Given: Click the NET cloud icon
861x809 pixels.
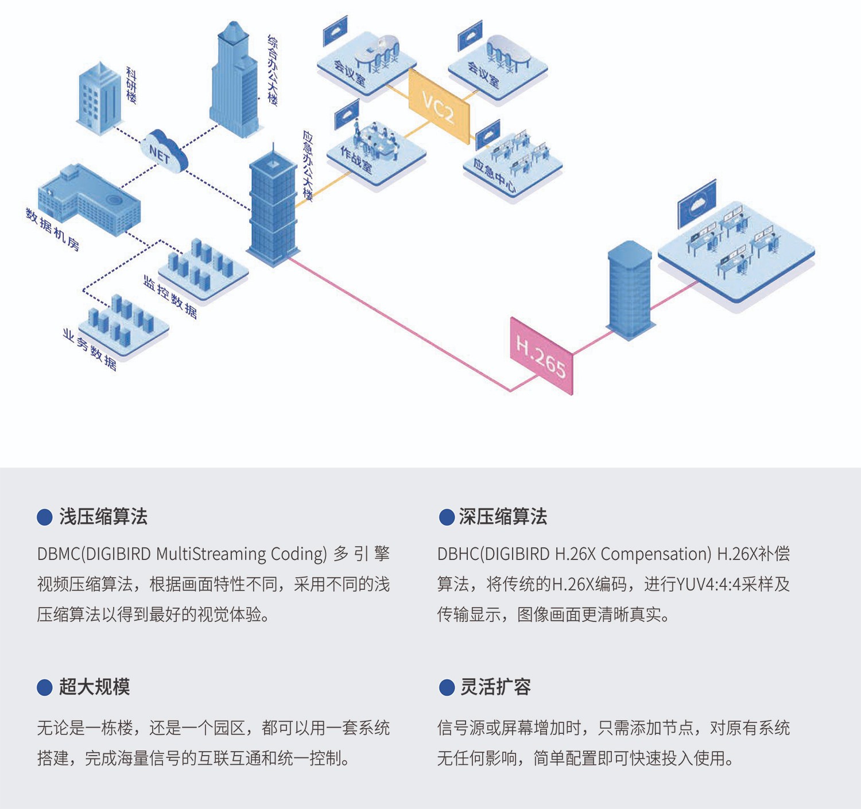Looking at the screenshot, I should [163, 151].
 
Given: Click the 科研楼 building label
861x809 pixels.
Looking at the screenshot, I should [131, 85].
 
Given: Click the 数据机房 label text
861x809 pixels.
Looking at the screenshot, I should [52, 229].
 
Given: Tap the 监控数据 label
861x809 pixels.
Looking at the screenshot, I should [170, 296].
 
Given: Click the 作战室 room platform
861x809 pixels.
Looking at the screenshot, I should [376, 155].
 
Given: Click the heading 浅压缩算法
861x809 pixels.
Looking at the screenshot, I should [103, 517].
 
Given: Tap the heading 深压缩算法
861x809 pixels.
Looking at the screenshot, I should [503, 517].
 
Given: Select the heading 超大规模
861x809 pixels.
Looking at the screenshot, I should [95, 687].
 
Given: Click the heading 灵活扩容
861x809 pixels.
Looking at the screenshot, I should [495, 687].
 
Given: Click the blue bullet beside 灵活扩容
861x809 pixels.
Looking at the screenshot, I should [447, 687].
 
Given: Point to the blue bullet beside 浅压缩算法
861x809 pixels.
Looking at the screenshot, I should [45, 518].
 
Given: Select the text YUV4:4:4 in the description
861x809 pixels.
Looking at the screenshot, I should [708, 585].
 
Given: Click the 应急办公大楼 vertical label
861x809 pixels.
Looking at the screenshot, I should [308, 166].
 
